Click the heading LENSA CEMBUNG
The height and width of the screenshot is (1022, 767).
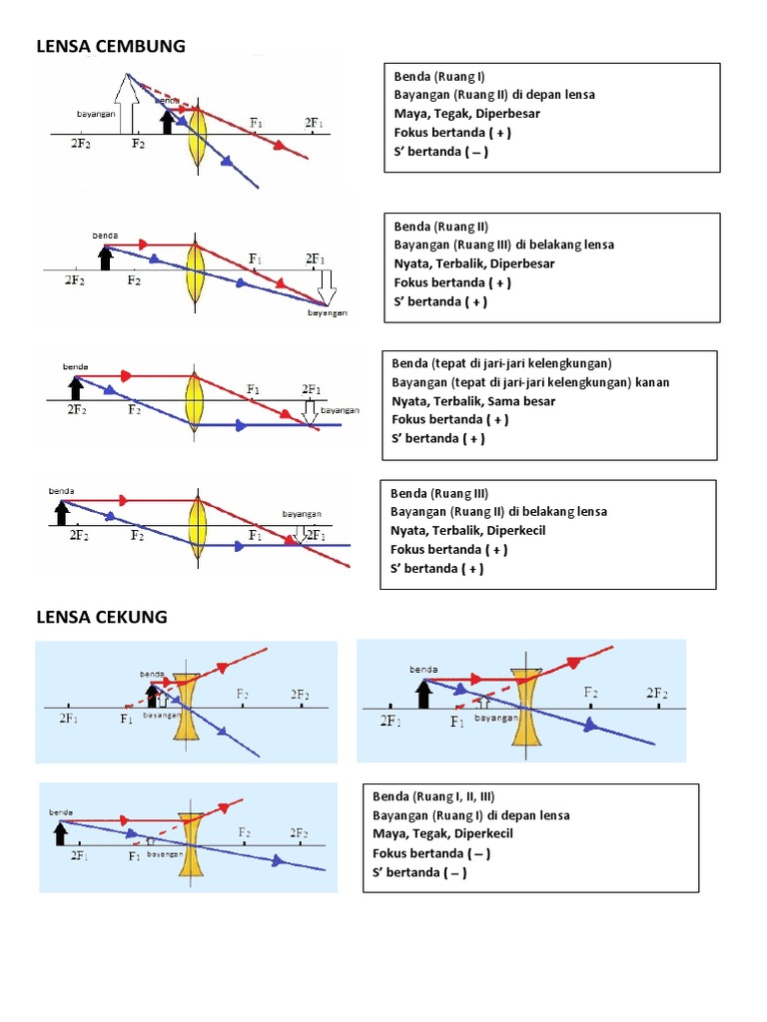pyautogui.click(x=111, y=46)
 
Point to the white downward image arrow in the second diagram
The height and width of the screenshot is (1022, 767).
pyautogui.click(x=328, y=289)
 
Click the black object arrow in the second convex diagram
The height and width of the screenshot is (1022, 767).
pyautogui.click(x=105, y=257)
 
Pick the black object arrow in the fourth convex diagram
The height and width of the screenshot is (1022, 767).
pyautogui.click(x=62, y=511)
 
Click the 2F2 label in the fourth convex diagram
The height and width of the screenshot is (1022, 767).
pyautogui.click(x=79, y=536)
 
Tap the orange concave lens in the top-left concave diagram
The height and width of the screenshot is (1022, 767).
pyautogui.click(x=186, y=707)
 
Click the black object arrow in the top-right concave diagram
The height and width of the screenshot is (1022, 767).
pyautogui.click(x=424, y=692)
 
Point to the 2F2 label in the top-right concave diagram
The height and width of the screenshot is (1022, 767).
pyautogui.click(x=657, y=693)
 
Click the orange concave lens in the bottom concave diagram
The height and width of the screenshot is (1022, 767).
pyautogui.click(x=191, y=844)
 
